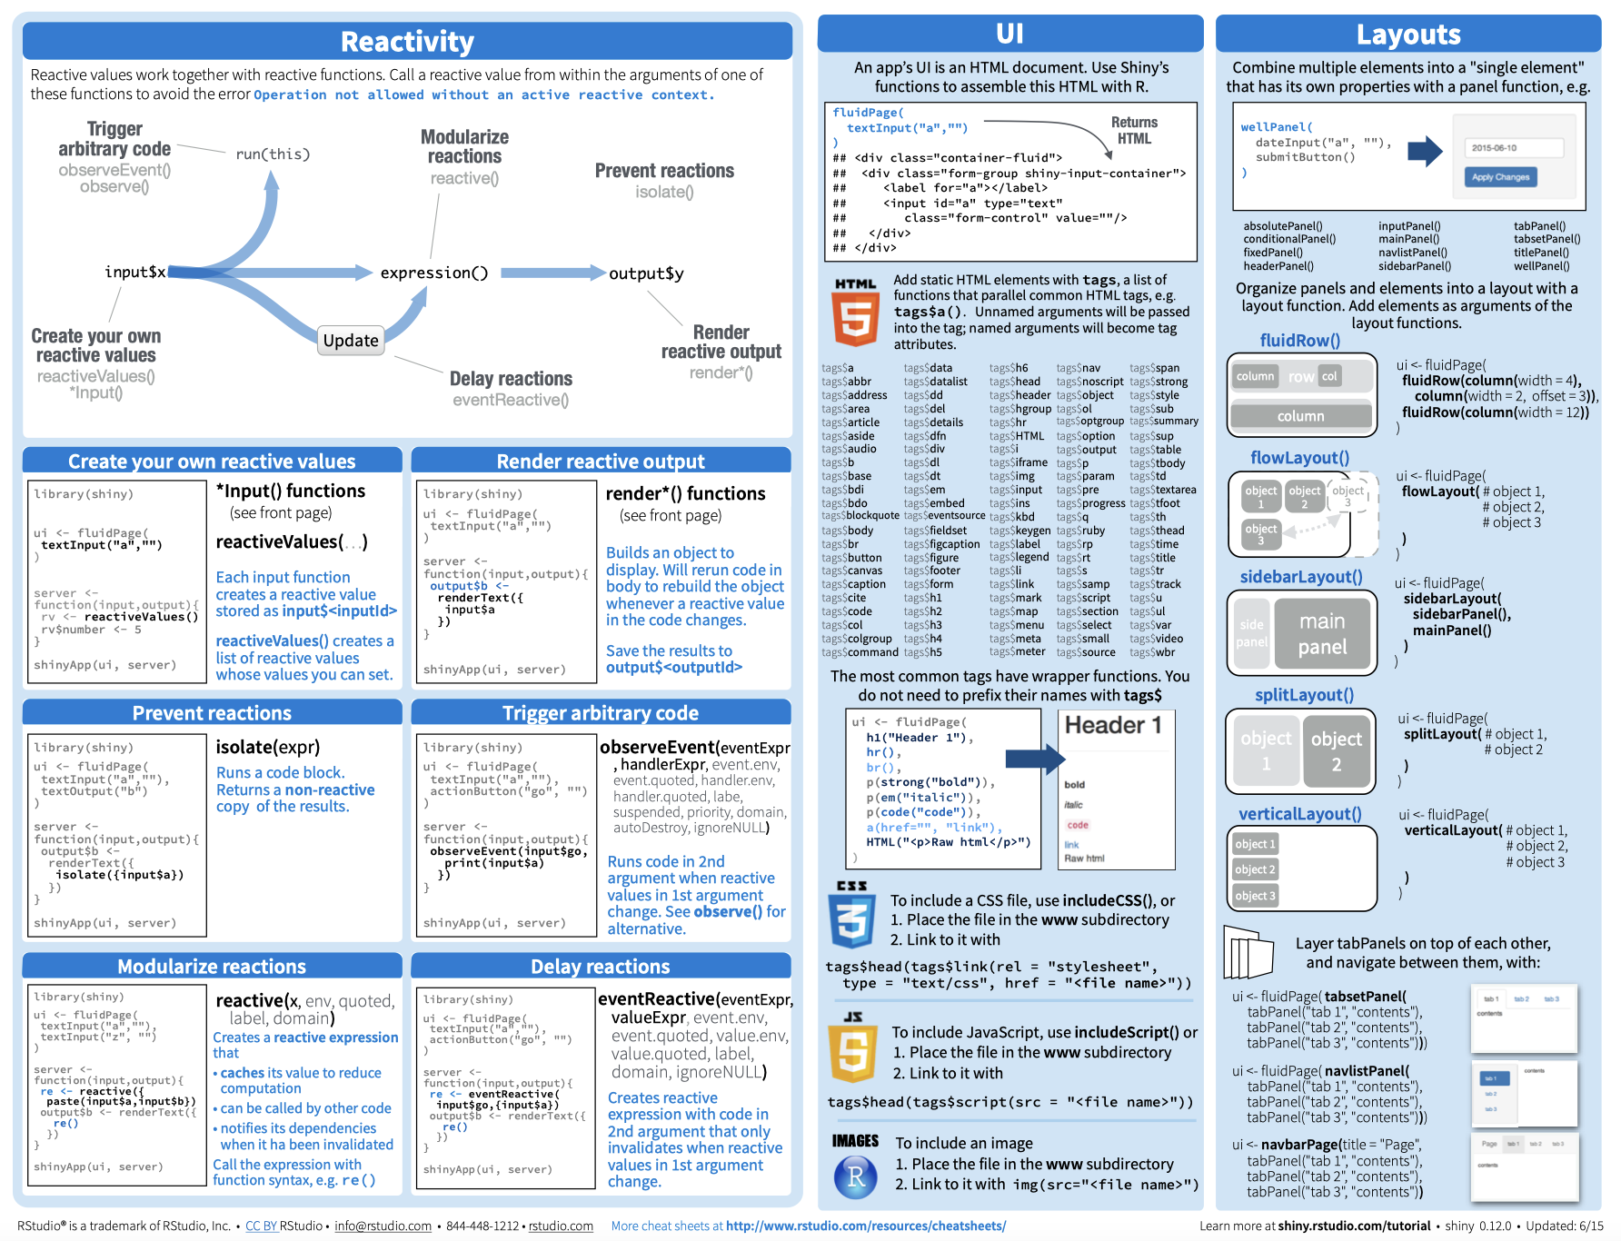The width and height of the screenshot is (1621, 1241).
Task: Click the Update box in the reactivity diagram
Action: [x=351, y=341]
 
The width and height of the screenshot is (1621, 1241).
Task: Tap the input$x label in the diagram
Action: [x=135, y=272]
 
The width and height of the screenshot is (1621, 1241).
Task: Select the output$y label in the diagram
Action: [x=646, y=273]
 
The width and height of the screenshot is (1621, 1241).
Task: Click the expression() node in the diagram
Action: [x=433, y=273]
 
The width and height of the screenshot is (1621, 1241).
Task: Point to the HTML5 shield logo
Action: [x=855, y=314]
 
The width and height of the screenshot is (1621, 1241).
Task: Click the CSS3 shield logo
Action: [x=851, y=918]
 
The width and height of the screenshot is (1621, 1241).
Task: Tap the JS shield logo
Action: [x=852, y=1050]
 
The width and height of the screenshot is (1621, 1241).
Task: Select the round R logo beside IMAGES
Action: [x=855, y=1177]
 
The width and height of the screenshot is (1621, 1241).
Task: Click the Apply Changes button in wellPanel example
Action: [x=1500, y=177]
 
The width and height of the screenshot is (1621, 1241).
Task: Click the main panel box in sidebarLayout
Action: [x=1322, y=634]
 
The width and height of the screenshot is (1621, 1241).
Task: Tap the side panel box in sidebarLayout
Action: [x=1251, y=633]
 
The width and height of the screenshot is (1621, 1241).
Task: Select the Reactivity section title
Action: [x=407, y=42]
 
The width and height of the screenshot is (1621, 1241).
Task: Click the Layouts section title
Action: [x=1408, y=35]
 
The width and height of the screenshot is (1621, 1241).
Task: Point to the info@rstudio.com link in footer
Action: [x=383, y=1226]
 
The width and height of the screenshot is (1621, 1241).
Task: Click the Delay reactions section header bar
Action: [x=601, y=966]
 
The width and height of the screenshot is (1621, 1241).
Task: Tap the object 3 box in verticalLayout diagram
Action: [x=1255, y=896]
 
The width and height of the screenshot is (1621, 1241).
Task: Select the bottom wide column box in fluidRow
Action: [x=1300, y=416]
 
